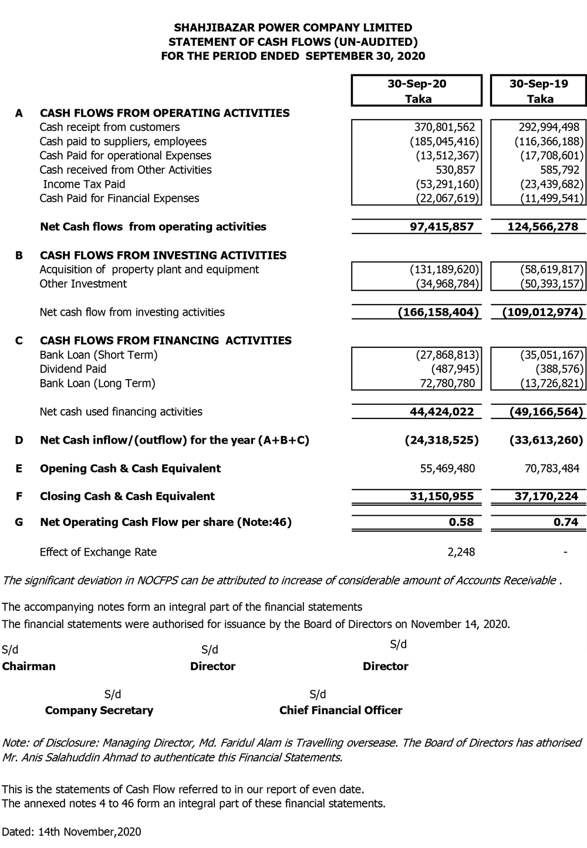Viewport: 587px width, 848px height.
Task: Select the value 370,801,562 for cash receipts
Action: coord(444,127)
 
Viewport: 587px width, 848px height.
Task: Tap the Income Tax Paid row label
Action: coord(84,184)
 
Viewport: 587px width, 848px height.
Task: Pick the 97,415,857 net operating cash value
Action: coord(441,227)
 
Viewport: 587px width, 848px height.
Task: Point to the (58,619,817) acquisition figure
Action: coord(552,270)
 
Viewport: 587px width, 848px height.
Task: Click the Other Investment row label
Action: coord(83,284)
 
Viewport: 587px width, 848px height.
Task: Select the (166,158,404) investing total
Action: coord(438,312)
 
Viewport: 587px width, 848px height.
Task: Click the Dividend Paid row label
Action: coord(73,369)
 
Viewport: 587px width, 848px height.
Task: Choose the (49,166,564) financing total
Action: coord(546,412)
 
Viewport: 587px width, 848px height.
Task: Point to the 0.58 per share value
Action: coord(461,522)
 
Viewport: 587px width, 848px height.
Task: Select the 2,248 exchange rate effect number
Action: coord(461,552)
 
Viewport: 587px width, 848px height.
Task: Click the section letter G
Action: coord(19,522)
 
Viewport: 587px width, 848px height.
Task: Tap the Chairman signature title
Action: coord(29,667)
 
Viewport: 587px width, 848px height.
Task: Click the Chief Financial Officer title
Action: coord(340,711)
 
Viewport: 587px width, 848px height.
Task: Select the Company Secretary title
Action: coord(99,711)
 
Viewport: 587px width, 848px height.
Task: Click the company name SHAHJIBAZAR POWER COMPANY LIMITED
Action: coord(293,28)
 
